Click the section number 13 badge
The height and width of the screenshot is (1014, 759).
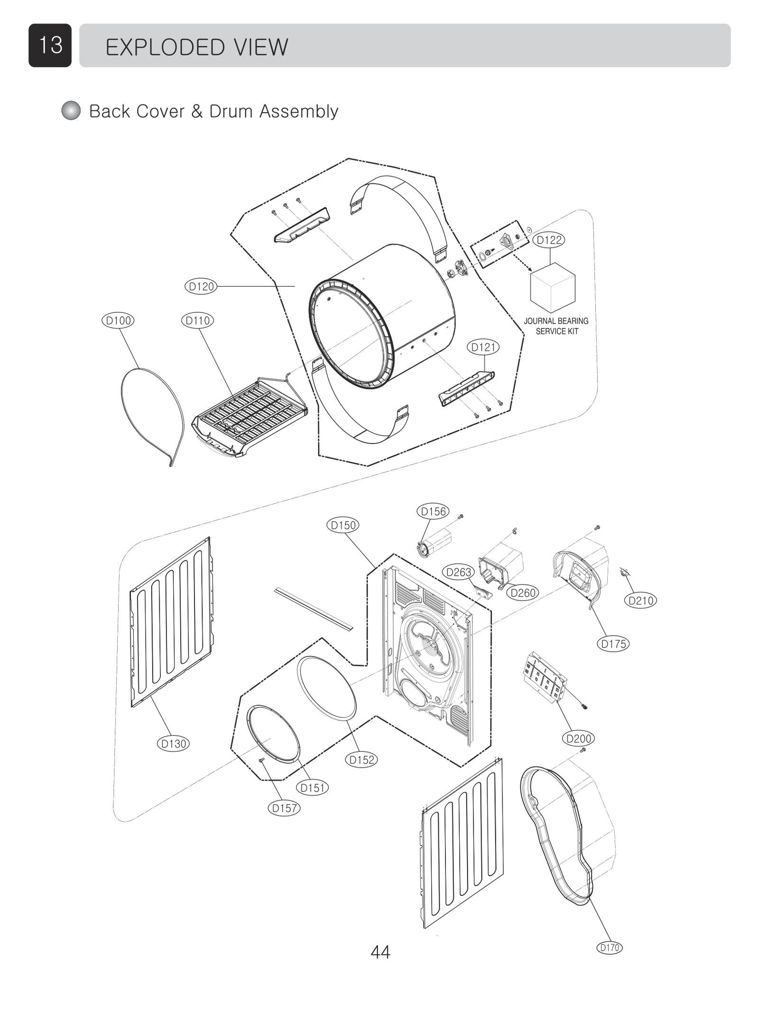(x=50, y=46)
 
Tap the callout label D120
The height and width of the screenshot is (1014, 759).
(x=201, y=286)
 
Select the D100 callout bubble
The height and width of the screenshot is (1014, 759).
(x=118, y=320)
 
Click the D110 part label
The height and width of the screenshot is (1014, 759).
(x=197, y=320)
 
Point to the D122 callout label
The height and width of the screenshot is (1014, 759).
(x=549, y=240)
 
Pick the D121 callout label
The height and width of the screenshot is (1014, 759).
(x=483, y=347)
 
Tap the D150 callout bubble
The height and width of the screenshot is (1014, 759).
(x=342, y=525)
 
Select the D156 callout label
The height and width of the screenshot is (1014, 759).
(x=433, y=511)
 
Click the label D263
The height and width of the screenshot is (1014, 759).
(x=459, y=572)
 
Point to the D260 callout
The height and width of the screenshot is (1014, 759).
(x=523, y=592)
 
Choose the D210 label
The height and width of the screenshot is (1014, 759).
(x=641, y=601)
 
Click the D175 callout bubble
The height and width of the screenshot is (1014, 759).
(x=613, y=644)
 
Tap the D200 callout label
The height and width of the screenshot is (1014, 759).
(x=579, y=739)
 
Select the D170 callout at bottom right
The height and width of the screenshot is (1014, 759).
(x=609, y=948)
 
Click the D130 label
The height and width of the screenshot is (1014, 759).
(x=173, y=743)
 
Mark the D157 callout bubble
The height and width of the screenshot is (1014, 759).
(x=284, y=808)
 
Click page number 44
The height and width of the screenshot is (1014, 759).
(x=380, y=952)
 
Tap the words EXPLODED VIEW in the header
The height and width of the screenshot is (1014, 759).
(x=196, y=47)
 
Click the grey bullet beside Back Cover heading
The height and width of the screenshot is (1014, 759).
(x=71, y=111)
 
